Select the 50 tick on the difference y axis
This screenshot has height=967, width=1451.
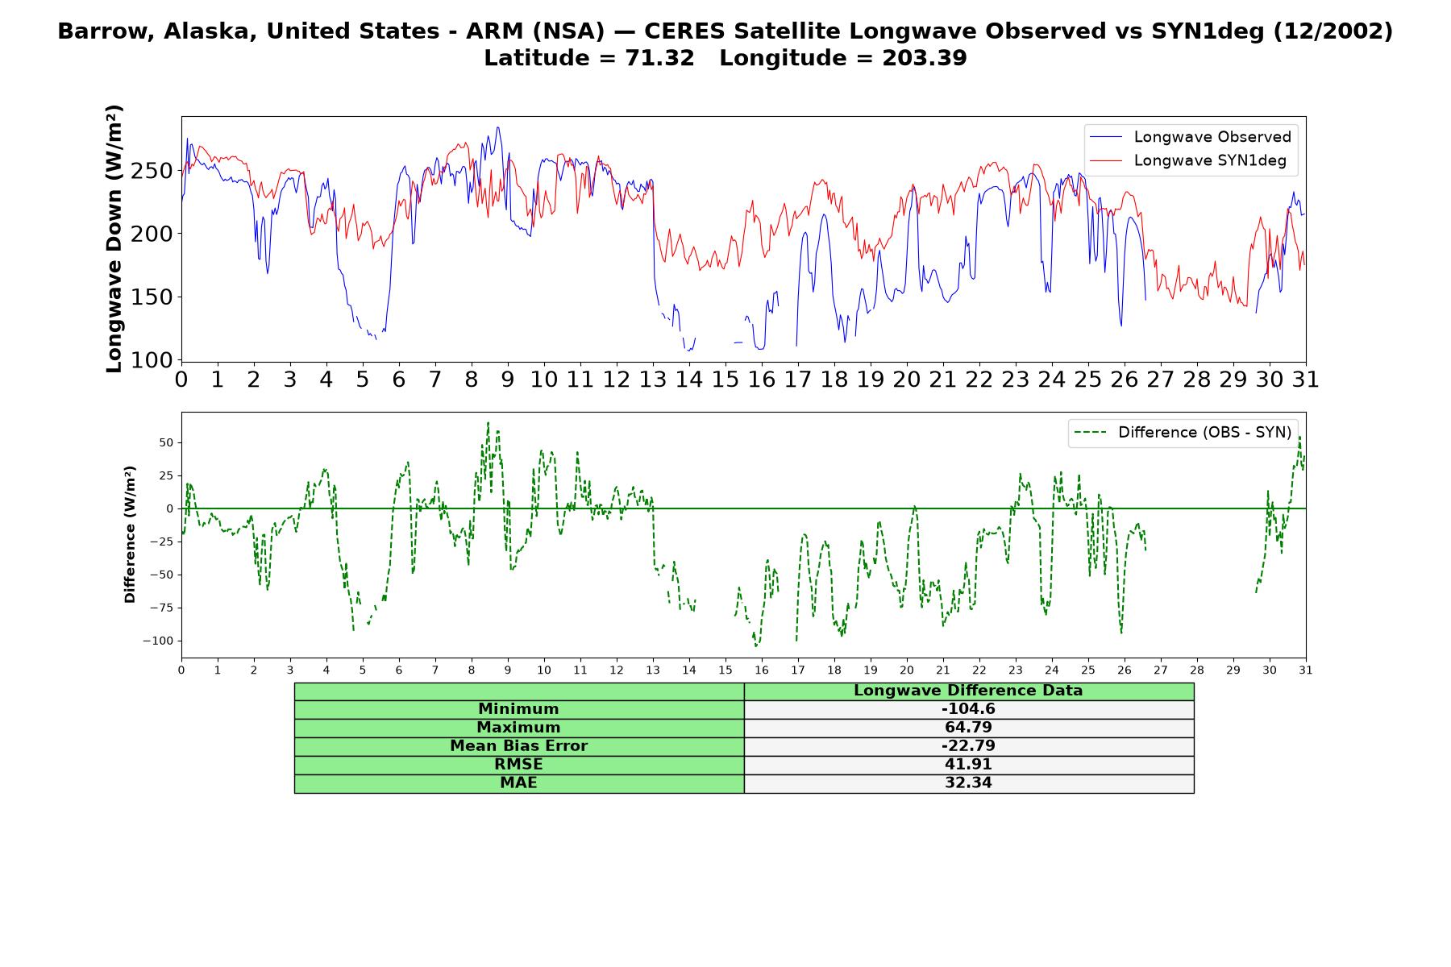click(166, 442)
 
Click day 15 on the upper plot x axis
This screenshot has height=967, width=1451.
click(725, 380)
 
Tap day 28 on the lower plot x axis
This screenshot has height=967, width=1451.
click(1196, 670)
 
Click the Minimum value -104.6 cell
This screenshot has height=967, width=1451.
click(968, 709)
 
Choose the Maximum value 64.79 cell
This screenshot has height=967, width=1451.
click(968, 728)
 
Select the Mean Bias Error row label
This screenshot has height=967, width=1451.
click(518, 746)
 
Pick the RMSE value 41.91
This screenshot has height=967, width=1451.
click(968, 765)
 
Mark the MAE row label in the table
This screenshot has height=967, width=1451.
click(518, 783)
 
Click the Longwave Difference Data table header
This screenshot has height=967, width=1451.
click(968, 691)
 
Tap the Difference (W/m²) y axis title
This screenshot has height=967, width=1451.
click(130, 534)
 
